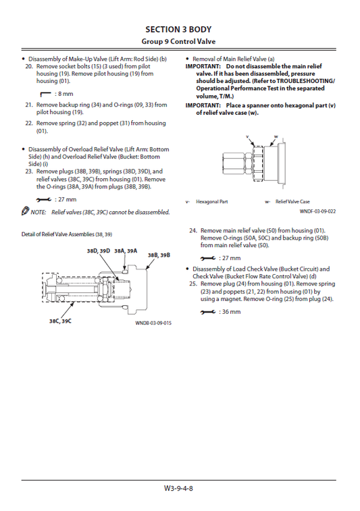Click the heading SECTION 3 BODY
point(179,29)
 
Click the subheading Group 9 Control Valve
point(179,41)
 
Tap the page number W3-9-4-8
point(179,488)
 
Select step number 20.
point(29,67)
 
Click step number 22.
point(29,124)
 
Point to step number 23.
point(29,172)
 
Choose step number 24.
point(194,230)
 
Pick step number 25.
point(194,284)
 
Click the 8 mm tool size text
point(65,94)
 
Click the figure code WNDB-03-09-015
point(153,323)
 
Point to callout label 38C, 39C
point(60,321)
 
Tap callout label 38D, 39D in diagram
point(98,250)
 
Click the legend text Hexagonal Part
point(211,202)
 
